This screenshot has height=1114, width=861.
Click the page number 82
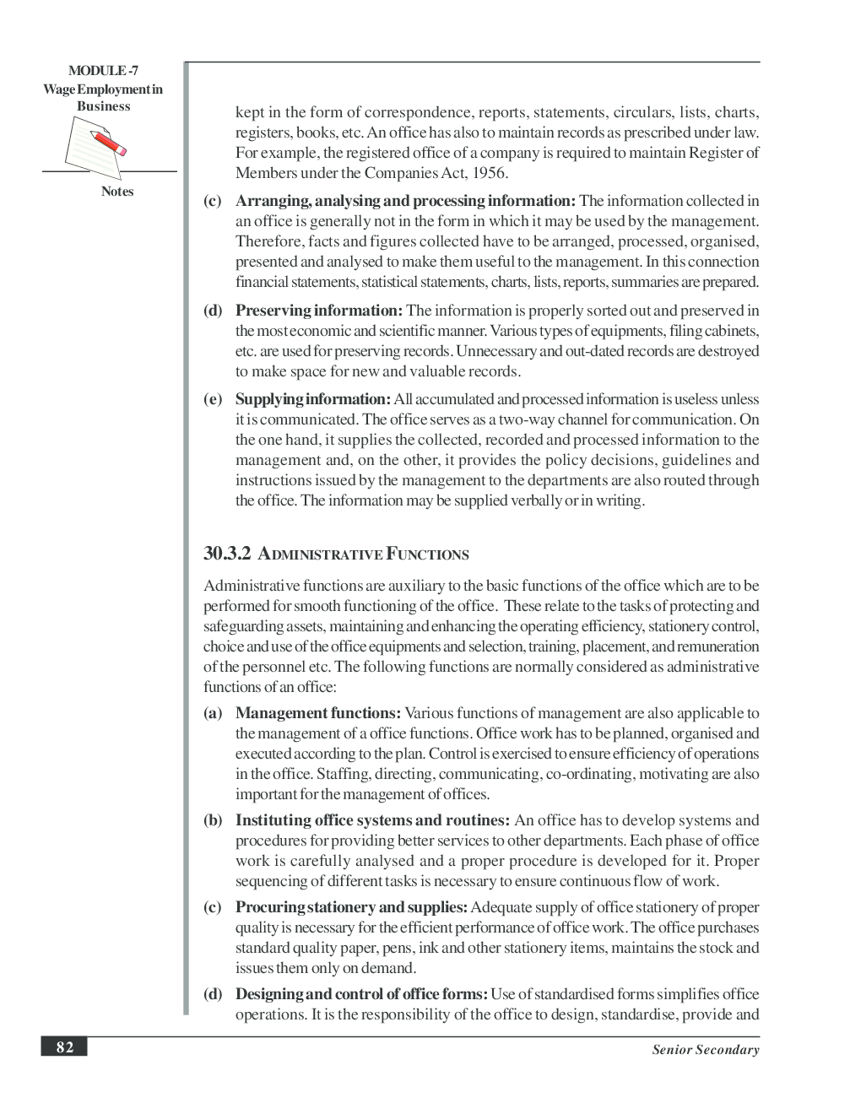65,1047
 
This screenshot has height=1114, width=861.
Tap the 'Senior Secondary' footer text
705,1050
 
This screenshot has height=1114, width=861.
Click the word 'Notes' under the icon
117,192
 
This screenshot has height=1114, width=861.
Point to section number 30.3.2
227,554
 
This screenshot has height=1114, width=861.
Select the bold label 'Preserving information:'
319,311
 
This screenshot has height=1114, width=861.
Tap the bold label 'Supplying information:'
313,399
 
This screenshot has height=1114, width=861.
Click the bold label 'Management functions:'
318,713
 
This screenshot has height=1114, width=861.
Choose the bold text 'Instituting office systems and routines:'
372,820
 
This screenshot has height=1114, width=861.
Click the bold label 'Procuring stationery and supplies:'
351,907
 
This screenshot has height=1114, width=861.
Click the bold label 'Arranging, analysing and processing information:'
405,201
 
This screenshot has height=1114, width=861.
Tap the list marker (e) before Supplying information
213,399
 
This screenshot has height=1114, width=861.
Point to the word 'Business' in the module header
103,106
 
